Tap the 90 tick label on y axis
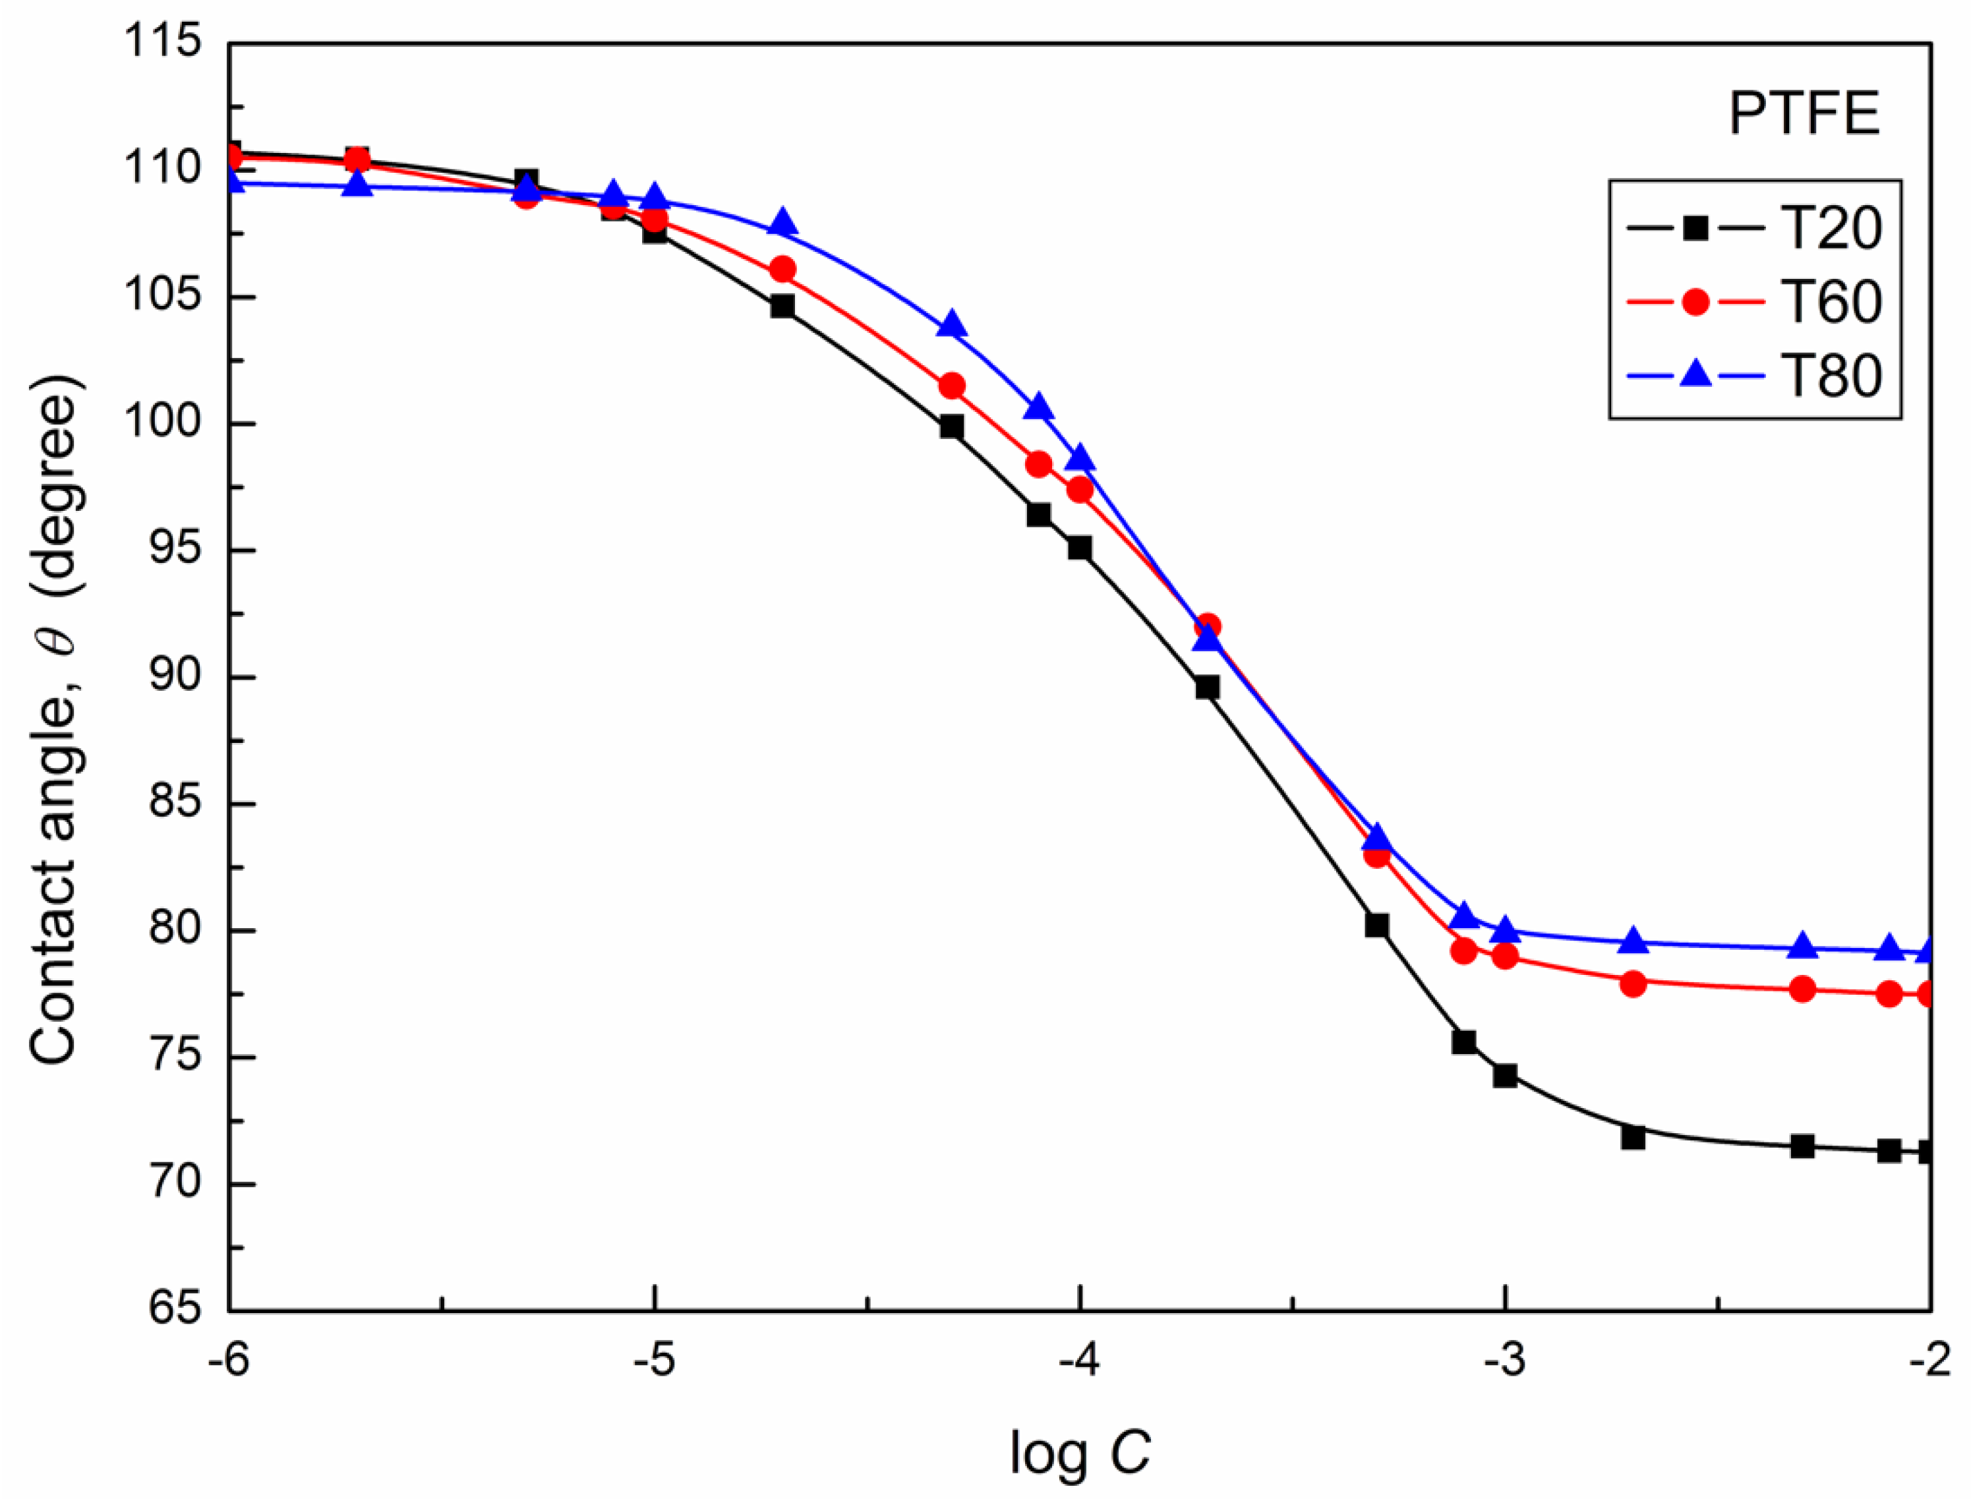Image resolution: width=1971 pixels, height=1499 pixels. point(174,676)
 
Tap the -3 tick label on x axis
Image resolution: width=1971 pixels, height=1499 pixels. point(1504,1363)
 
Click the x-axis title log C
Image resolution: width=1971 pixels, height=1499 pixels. point(1080,1454)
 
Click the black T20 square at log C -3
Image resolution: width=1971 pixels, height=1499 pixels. point(1505,1075)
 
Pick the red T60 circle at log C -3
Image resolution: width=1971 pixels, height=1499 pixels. point(1505,956)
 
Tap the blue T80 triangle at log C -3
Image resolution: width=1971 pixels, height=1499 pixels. point(1505,931)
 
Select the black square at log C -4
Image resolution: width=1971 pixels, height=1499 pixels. point(1080,548)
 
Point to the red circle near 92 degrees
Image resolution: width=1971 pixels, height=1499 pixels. point(1207,626)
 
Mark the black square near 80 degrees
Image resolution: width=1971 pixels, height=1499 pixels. point(1377,926)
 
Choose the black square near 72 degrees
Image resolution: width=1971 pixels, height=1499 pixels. point(1633,1138)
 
